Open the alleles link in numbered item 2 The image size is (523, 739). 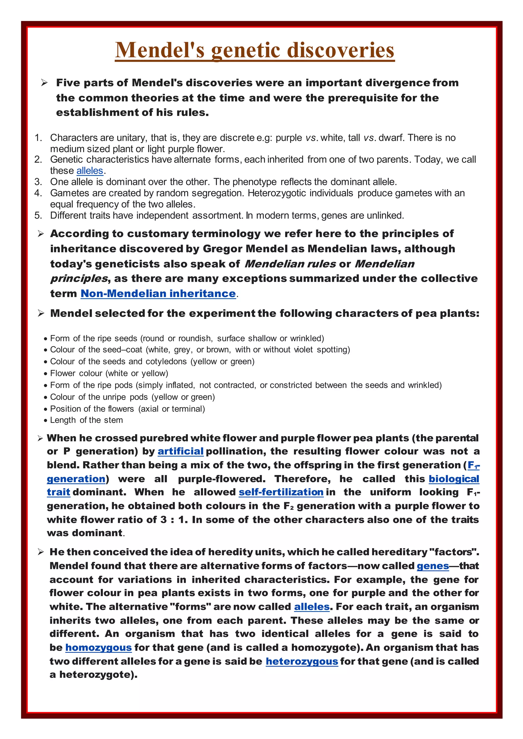[x=90, y=171]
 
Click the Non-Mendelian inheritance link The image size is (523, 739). [x=158, y=293]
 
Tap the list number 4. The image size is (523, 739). [x=38, y=193]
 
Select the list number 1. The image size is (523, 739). [x=38, y=138]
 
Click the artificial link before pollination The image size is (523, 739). [x=180, y=451]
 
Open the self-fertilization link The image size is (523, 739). [x=281, y=492]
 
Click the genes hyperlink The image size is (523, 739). [x=433, y=566]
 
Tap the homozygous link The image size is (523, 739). [x=99, y=648]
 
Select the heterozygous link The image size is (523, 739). [x=302, y=661]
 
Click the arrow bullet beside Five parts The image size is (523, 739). [x=44, y=83]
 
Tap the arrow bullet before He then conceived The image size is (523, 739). [x=41, y=552]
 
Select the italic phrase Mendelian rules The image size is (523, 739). [x=290, y=264]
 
